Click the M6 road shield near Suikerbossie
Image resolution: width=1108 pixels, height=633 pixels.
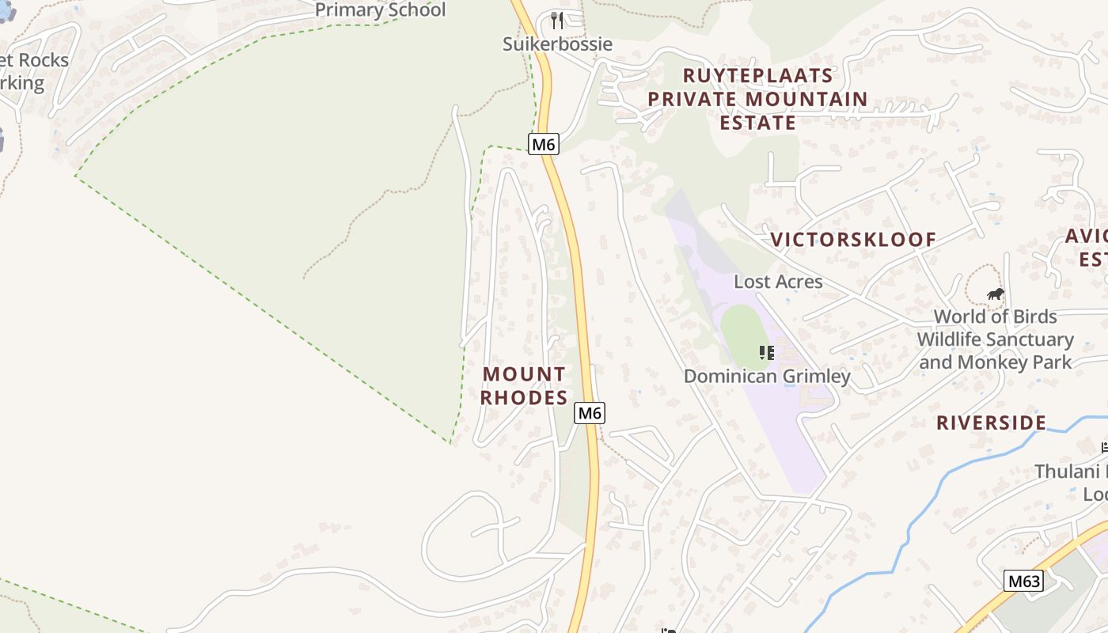(544, 144)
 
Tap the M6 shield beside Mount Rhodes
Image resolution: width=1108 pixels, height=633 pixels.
(590, 412)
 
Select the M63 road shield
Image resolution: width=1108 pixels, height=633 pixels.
(1023, 582)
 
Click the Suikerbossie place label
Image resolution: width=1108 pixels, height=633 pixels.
(557, 44)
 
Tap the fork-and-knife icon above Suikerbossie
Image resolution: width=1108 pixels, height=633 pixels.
(557, 20)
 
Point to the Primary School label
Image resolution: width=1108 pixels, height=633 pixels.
(381, 10)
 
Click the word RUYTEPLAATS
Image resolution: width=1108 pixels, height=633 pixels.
(757, 76)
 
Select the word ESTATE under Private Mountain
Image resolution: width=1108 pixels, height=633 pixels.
(757, 123)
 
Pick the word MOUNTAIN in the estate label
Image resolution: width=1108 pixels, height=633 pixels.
(806, 100)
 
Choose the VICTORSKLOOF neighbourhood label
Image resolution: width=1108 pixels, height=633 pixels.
(853, 240)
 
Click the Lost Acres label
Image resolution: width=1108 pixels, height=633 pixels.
(778, 282)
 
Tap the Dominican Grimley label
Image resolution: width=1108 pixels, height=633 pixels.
(767, 377)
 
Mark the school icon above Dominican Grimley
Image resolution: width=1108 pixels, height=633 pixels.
(766, 353)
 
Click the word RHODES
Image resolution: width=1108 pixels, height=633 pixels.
(524, 398)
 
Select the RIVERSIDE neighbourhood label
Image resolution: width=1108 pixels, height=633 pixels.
(991, 423)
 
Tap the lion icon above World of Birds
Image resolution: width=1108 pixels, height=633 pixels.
(995, 295)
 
